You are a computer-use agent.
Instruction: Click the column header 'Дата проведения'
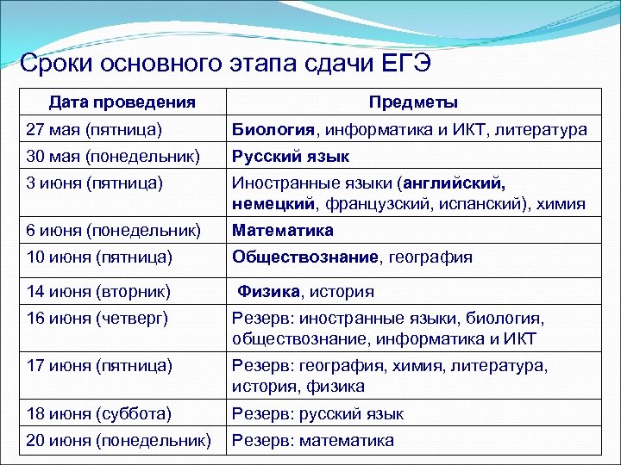(x=122, y=102)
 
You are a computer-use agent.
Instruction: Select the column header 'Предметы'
(x=413, y=102)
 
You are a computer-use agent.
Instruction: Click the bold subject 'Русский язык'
(x=290, y=157)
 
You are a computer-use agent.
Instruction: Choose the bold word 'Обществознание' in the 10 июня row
(x=304, y=257)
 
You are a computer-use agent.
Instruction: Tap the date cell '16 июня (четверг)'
(x=97, y=318)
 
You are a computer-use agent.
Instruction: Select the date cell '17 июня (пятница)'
(x=97, y=365)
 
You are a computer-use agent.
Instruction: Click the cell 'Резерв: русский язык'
(x=317, y=414)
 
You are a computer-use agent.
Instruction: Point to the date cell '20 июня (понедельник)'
(x=118, y=440)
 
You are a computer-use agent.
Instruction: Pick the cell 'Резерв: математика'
(x=312, y=440)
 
